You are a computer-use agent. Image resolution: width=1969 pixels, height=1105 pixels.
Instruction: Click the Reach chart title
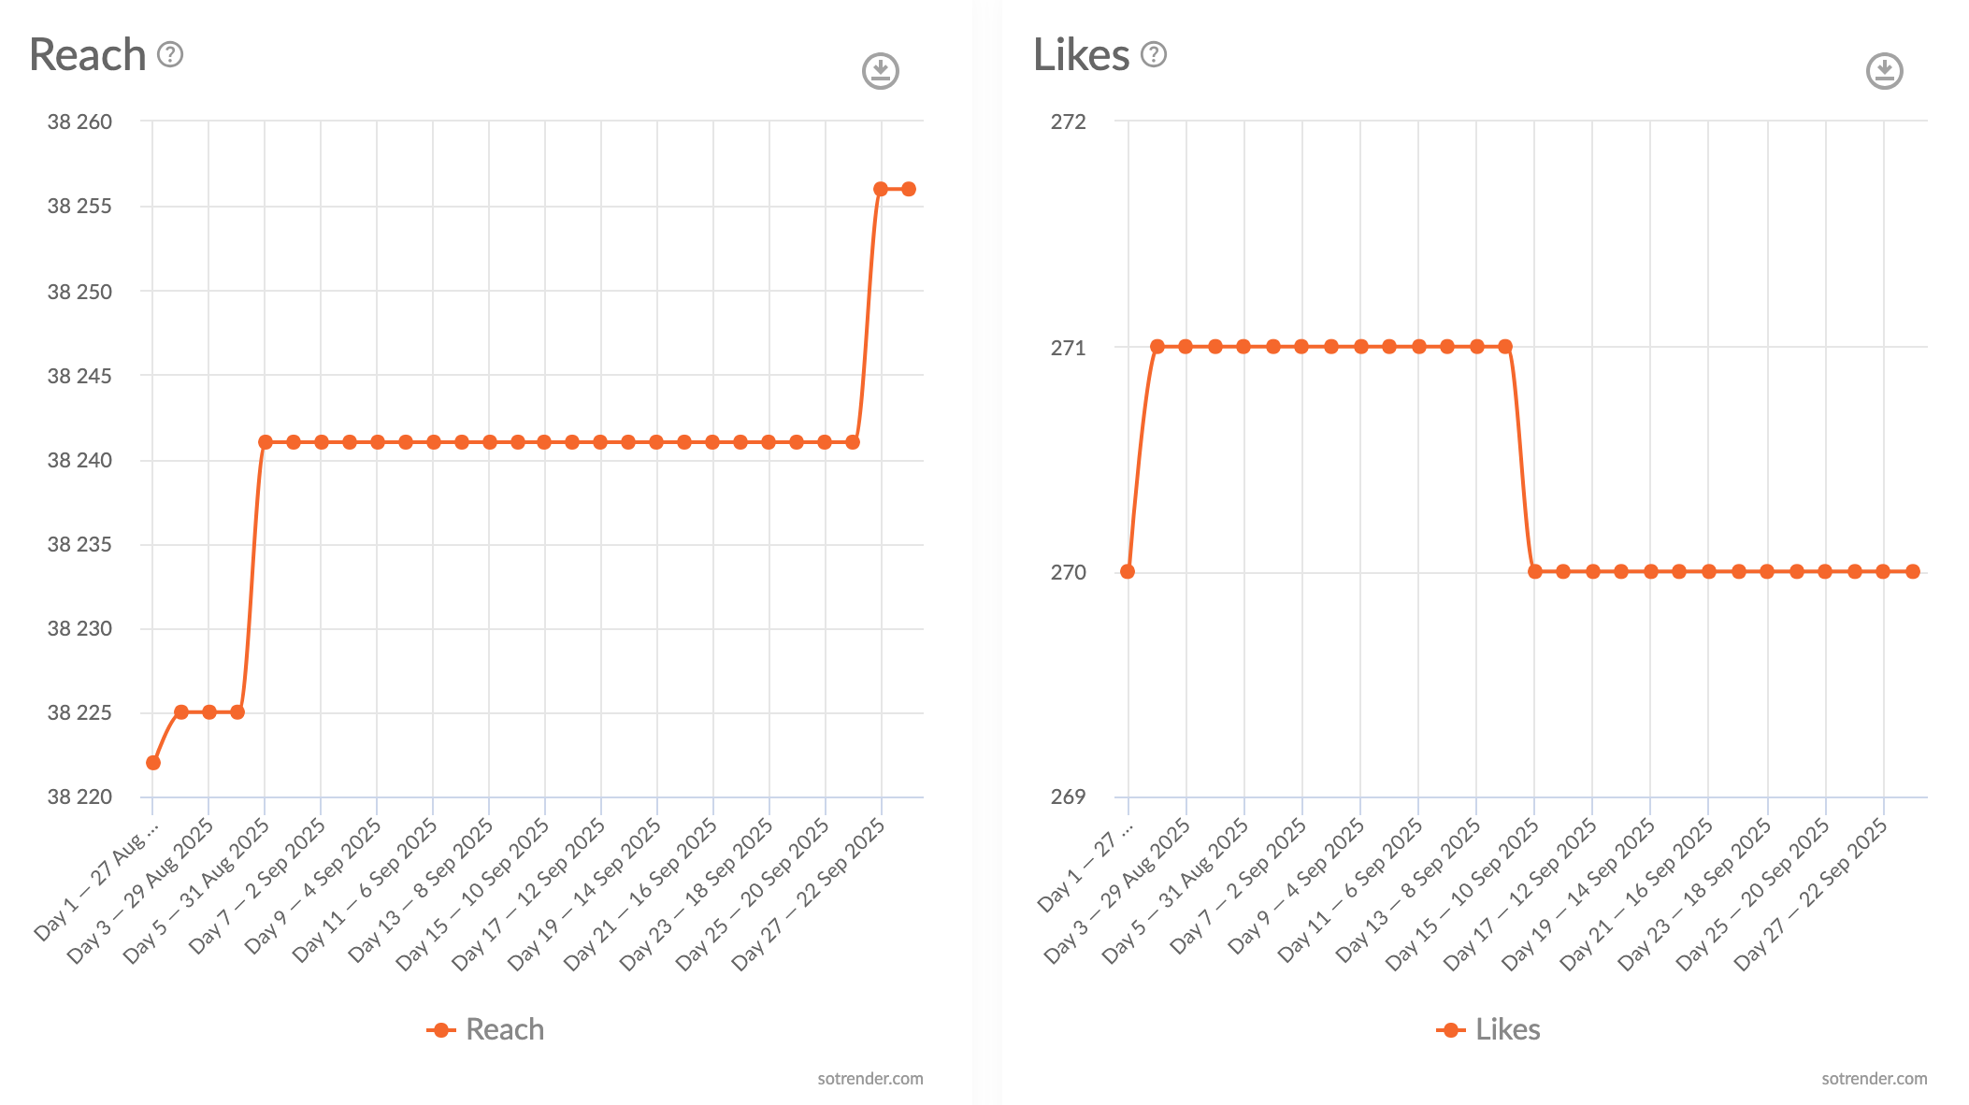(x=88, y=55)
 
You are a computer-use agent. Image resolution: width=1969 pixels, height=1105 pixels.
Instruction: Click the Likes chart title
(x=1082, y=55)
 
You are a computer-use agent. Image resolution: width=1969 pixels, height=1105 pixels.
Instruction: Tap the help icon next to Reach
(x=170, y=54)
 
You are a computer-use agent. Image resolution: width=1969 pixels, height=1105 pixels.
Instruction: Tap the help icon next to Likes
(x=1155, y=54)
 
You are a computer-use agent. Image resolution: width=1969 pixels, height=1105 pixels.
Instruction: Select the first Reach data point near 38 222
(x=153, y=763)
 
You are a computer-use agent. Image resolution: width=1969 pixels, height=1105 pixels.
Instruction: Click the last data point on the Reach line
(x=909, y=189)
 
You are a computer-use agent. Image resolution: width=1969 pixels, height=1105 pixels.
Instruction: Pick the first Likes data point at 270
(x=1128, y=571)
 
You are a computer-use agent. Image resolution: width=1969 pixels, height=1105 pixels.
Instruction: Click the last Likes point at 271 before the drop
(x=1505, y=347)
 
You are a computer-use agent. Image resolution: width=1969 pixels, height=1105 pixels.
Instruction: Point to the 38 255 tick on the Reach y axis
(x=79, y=207)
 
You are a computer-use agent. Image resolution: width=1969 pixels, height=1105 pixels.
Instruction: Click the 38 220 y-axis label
(x=79, y=797)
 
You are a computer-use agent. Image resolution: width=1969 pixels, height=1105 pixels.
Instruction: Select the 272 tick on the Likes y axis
(x=1069, y=122)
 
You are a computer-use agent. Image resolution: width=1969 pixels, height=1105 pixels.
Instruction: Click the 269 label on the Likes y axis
(x=1069, y=797)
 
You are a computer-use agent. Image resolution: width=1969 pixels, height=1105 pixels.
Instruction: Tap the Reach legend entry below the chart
(x=486, y=1029)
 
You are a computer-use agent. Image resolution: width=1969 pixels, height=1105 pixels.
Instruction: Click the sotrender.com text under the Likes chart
(x=1874, y=1078)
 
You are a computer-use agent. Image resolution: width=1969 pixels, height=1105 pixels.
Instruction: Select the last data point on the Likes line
(x=1913, y=571)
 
